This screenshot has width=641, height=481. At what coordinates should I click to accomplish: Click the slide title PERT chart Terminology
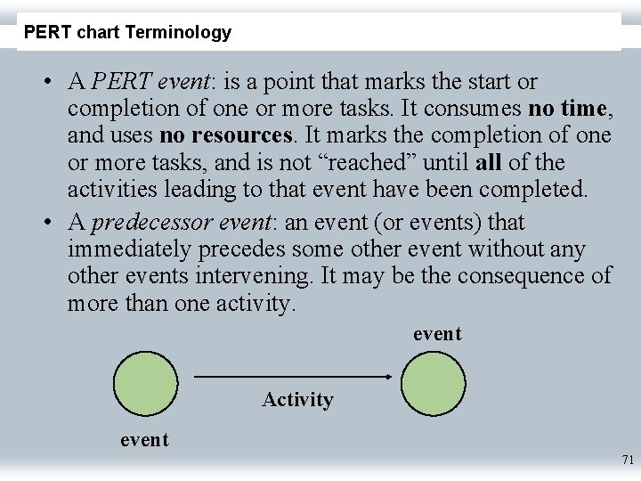click(x=127, y=33)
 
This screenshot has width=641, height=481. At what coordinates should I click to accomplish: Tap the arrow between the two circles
click(x=292, y=377)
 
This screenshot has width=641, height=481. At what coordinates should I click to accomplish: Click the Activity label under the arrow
click(x=297, y=400)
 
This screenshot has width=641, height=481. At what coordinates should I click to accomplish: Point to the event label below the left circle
click(x=144, y=439)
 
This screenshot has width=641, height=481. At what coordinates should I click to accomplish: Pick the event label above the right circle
click(x=437, y=334)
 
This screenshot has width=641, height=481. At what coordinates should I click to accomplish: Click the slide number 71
click(x=627, y=461)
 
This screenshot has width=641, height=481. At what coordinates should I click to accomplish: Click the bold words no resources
click(x=226, y=136)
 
